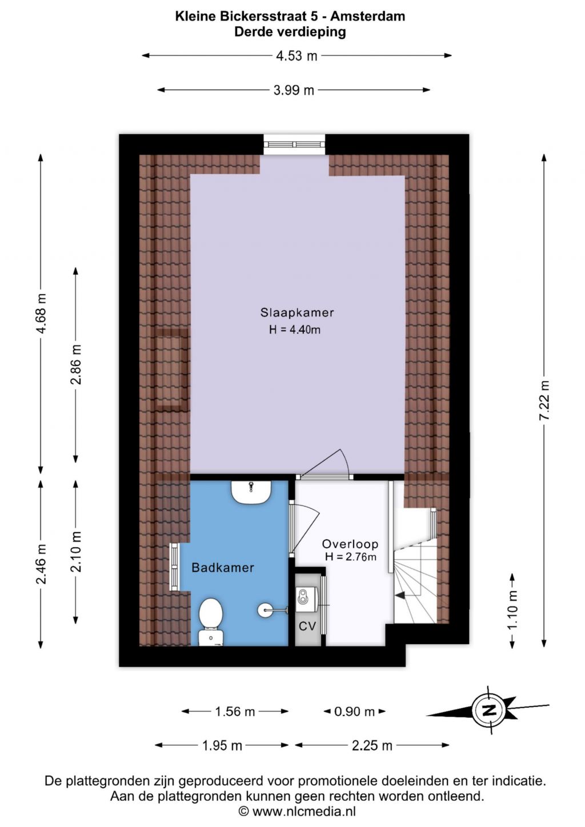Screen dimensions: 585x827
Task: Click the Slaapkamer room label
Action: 297,312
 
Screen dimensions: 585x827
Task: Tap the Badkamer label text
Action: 223,568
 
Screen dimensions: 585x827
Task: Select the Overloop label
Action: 350,544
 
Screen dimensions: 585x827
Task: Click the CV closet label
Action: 307,626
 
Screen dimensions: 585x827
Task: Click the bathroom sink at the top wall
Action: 251,492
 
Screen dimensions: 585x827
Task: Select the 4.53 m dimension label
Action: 296,56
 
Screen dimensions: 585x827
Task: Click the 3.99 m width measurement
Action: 294,90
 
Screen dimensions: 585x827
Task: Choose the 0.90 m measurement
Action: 354,712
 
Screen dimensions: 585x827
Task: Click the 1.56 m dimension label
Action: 235,712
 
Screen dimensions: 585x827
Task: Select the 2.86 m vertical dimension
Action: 76,365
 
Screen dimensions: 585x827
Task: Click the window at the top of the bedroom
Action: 294,144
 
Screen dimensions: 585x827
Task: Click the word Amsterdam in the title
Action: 367,16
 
